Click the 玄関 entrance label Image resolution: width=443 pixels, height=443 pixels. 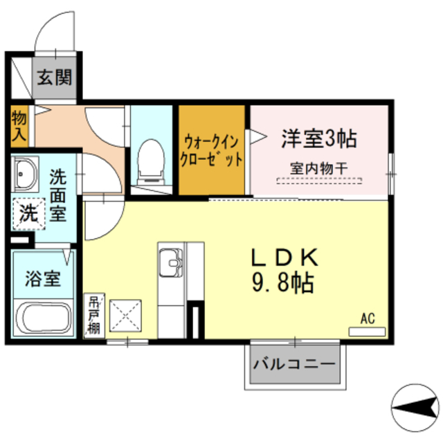54,77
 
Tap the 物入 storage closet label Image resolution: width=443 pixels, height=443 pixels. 19,125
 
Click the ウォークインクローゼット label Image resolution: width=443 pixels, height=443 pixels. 212,150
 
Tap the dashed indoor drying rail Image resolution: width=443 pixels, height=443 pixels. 319,181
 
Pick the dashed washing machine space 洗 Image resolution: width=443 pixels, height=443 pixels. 28,213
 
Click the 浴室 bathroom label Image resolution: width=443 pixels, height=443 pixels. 43,280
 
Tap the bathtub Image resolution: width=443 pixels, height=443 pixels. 43,318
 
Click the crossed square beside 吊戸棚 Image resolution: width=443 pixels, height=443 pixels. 125,317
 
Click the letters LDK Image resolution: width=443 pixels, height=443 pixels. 284,257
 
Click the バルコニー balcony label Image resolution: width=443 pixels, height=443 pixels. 295,364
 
